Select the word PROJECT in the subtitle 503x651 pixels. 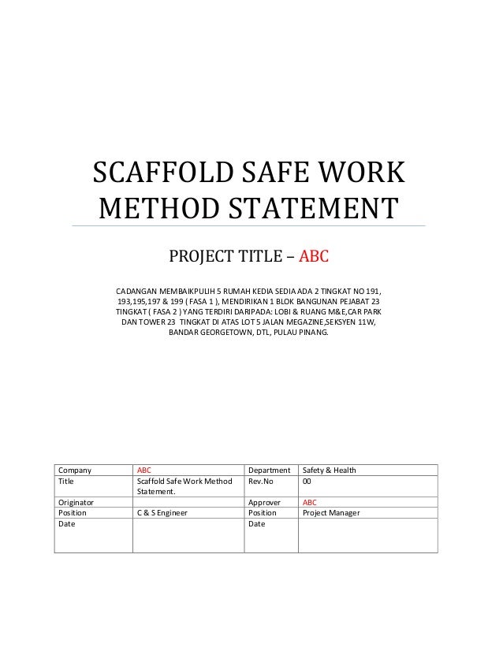[201, 256]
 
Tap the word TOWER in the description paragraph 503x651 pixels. [152, 322]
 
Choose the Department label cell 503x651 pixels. [270, 471]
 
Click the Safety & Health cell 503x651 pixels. [329, 471]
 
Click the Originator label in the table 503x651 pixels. [76, 502]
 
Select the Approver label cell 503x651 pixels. [265, 502]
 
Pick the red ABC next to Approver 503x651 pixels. [310, 502]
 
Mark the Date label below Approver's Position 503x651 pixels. [256, 523]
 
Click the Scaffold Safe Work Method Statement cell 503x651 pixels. [184, 485]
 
